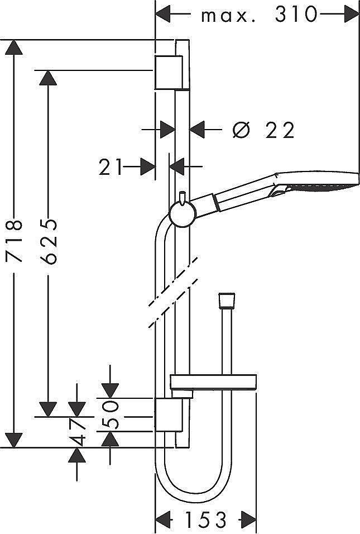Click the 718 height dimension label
click(x=15, y=241)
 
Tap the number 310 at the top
click(x=296, y=15)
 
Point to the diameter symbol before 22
click(x=241, y=130)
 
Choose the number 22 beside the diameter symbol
click(x=280, y=130)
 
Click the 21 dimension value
click(x=110, y=167)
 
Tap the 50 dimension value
click(x=111, y=414)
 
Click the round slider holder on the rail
click(x=183, y=214)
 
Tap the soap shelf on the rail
click(x=213, y=382)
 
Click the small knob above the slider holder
click(x=183, y=197)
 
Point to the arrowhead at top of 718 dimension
click(x=14, y=47)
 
